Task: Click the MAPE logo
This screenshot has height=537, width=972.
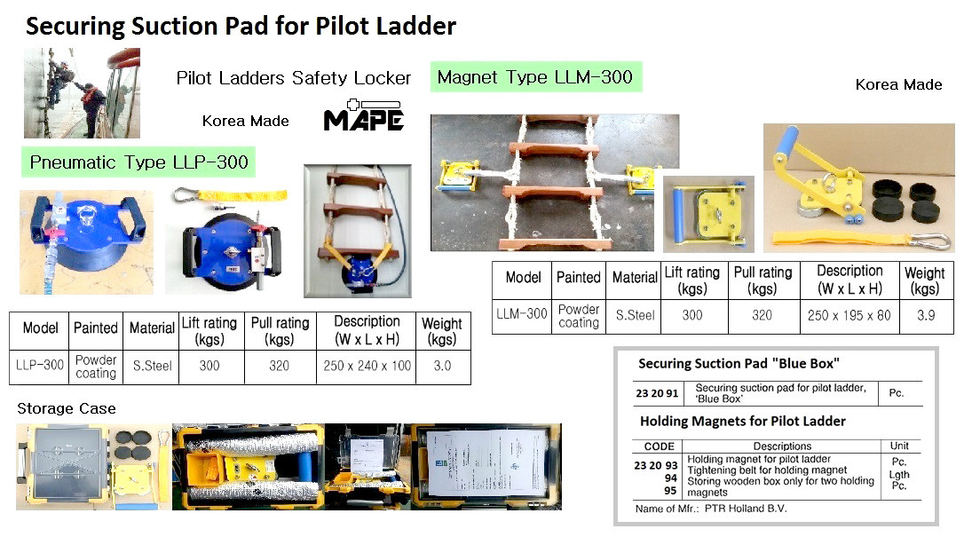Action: click(x=364, y=115)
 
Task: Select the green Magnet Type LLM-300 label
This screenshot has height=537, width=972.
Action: click(x=535, y=77)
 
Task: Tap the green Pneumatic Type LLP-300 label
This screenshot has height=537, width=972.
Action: click(x=139, y=162)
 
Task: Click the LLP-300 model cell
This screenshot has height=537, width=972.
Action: click(x=40, y=365)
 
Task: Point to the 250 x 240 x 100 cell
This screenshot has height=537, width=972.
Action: click(x=367, y=365)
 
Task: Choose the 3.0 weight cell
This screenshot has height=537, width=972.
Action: click(x=442, y=365)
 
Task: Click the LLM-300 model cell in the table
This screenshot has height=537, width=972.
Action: click(x=522, y=314)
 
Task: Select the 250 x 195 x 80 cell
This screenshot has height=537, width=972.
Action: click(x=850, y=315)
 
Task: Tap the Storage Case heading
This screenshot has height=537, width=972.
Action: click(x=67, y=408)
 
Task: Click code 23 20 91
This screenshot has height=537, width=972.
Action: click(x=657, y=392)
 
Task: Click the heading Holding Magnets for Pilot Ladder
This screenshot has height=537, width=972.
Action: click(x=742, y=422)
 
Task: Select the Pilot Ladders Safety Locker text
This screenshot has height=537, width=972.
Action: click(x=294, y=78)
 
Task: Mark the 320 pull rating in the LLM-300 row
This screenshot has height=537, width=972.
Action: click(x=763, y=315)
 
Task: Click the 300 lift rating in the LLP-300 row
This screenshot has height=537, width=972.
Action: click(x=209, y=365)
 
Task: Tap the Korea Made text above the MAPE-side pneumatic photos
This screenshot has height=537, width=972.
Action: click(x=245, y=121)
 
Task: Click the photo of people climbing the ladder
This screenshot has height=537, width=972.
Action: click(x=82, y=93)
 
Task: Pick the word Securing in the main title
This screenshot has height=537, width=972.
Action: click(x=75, y=26)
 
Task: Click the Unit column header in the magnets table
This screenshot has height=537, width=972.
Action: click(x=898, y=446)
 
